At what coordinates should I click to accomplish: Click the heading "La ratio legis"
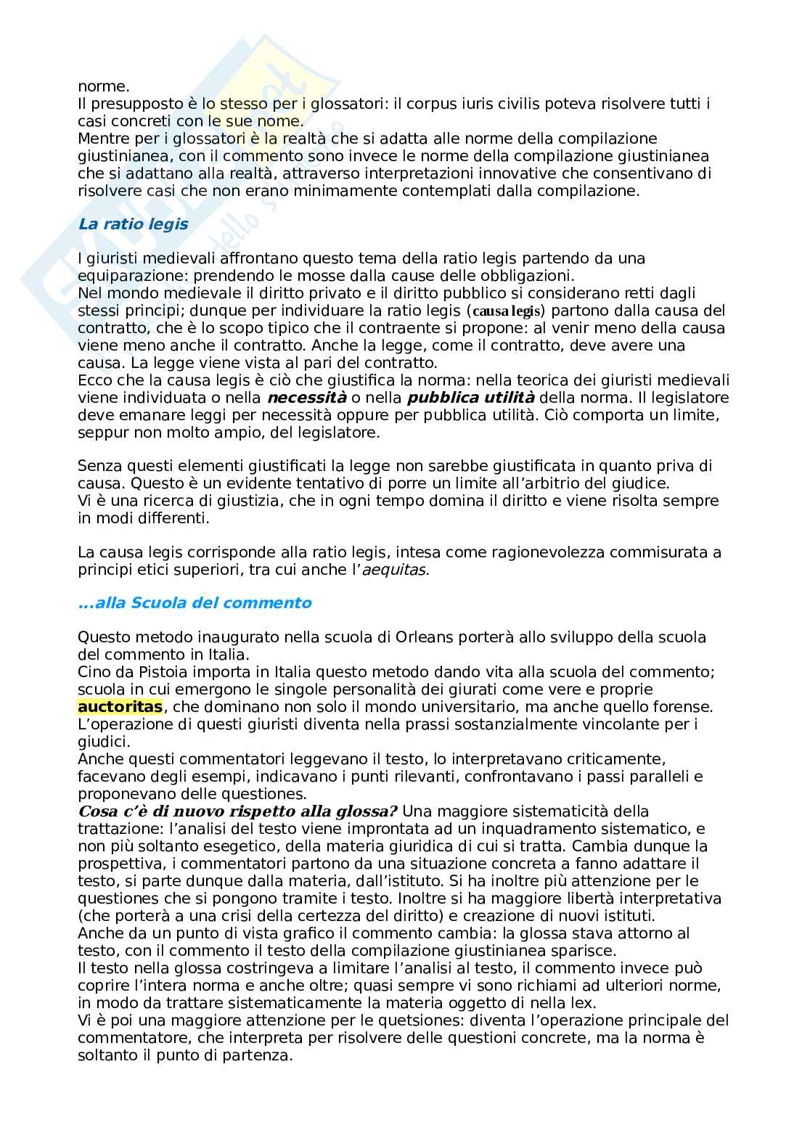pos(133,224)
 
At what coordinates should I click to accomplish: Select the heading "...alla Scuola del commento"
pos(195,603)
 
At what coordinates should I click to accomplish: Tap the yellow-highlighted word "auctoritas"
pos(120,706)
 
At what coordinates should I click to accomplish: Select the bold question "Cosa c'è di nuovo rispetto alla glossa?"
pos(237,811)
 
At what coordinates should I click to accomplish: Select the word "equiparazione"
pos(128,276)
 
